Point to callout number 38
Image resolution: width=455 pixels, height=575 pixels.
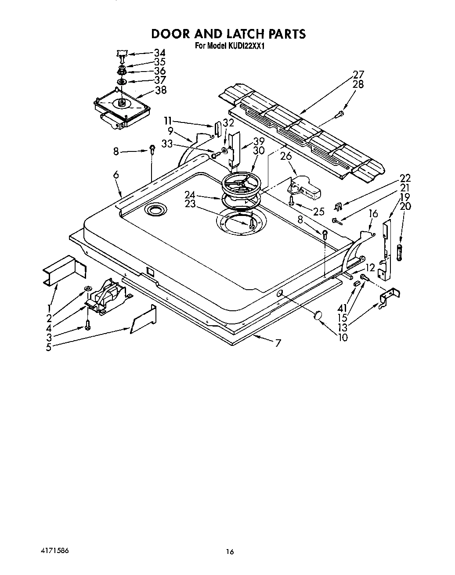[161, 90]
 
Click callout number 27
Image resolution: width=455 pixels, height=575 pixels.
[358, 75]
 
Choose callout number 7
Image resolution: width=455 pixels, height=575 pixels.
[278, 343]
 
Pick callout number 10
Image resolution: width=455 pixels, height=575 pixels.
[343, 337]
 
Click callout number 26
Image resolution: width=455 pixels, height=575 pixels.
[286, 156]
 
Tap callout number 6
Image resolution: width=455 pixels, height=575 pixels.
[116, 175]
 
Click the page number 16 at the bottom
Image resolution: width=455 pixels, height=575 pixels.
[230, 552]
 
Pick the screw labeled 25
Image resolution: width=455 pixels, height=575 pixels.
[291, 201]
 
